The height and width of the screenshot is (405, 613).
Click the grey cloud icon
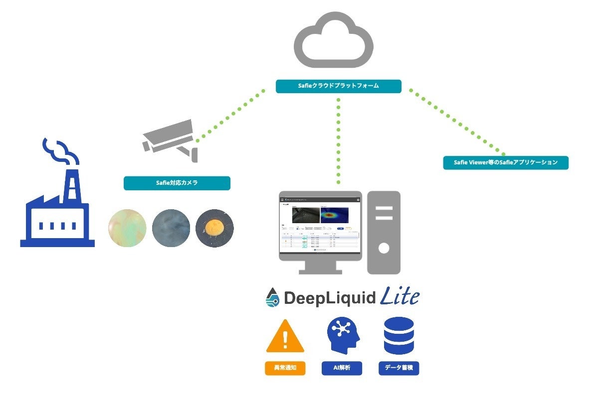333,41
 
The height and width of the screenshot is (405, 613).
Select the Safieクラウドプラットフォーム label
338,86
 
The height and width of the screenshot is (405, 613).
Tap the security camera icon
170,139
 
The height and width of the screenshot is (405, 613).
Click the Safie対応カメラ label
177,183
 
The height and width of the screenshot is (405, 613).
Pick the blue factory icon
57,209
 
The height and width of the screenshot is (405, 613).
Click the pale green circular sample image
127,228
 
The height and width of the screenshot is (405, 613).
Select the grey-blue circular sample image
171,228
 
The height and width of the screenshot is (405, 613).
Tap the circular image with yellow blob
214,228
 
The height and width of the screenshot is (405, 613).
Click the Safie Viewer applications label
505,163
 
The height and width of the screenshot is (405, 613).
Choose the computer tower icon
384,232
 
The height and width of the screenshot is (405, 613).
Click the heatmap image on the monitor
334,214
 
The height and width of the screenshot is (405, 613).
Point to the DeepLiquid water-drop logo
272,297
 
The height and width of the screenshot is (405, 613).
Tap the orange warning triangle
285,336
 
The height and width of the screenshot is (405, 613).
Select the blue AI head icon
342,335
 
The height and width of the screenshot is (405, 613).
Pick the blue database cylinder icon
399,335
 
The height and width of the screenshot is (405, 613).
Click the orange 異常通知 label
285,368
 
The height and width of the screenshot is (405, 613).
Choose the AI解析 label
342,368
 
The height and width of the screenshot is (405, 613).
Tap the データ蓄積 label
399,368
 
